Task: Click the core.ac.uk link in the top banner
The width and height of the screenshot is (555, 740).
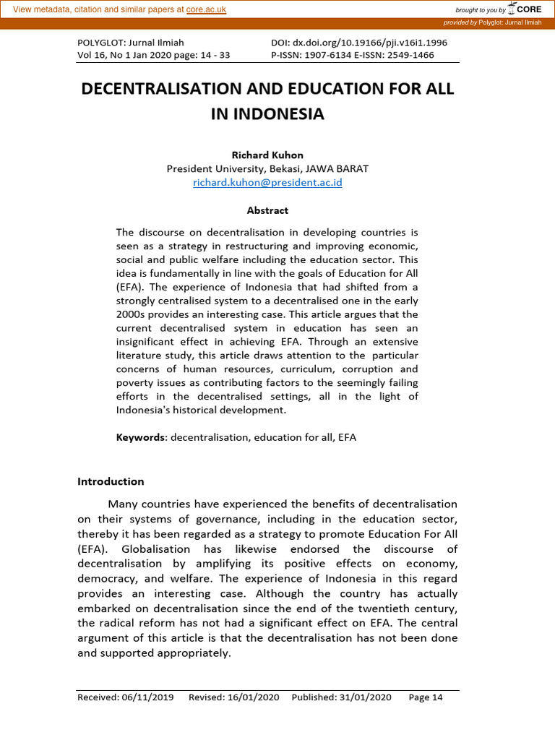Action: [x=206, y=9]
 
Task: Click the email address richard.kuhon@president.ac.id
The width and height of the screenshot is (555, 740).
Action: [x=267, y=183]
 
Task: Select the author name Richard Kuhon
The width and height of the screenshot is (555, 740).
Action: [x=267, y=155]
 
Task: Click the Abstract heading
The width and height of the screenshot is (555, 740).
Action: [x=267, y=210]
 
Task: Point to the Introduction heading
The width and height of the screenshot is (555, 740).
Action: [x=111, y=481]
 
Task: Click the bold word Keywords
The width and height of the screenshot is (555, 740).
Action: [x=141, y=437]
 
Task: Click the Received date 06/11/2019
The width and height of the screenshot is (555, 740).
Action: [x=147, y=697]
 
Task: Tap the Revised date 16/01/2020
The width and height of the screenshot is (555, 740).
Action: [x=256, y=697]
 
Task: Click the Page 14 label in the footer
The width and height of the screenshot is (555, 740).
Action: [x=426, y=697]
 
